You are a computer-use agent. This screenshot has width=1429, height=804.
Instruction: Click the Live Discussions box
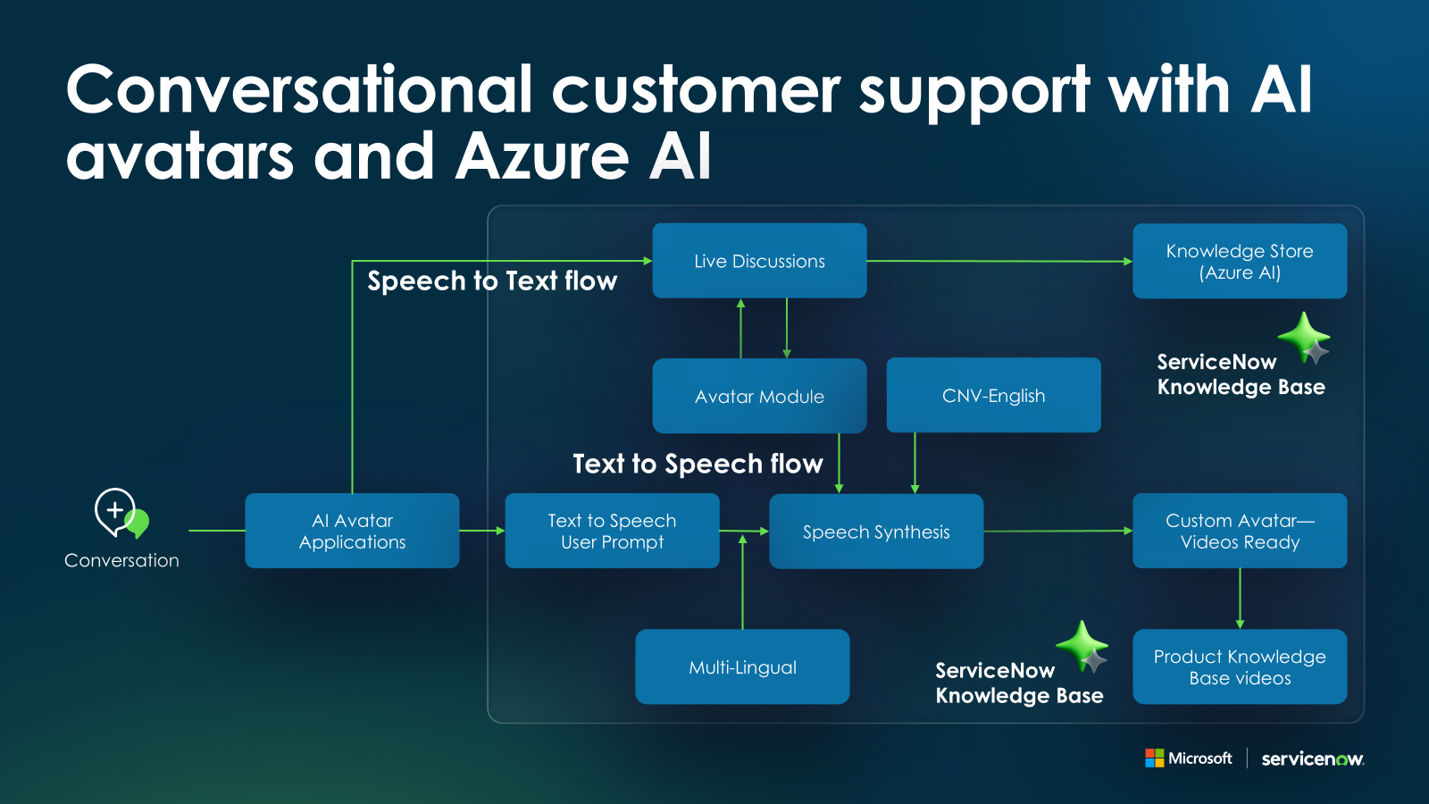[759, 261]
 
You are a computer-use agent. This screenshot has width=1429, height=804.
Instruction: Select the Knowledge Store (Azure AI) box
[1240, 261]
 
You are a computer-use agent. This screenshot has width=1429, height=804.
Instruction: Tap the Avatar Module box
[759, 396]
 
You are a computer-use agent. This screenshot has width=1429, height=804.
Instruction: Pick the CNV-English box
[993, 395]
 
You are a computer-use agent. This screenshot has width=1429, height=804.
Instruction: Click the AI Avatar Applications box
[352, 531]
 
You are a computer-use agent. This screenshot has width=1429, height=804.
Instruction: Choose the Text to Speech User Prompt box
[612, 531]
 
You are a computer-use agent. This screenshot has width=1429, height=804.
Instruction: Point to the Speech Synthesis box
[876, 532]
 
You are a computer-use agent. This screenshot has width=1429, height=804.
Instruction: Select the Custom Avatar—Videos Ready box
[1240, 531]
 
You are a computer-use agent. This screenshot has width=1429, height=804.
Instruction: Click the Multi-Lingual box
[742, 666]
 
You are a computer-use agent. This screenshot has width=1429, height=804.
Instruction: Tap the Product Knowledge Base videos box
[1240, 666]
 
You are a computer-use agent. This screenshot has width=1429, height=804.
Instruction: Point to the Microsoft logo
[1189, 758]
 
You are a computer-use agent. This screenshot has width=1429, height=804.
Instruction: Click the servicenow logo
[1312, 759]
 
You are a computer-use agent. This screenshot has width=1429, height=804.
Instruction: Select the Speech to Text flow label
[492, 281]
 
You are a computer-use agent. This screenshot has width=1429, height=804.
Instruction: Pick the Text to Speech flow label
[698, 464]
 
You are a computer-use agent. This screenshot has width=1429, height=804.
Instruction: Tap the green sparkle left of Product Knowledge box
[1082, 645]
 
